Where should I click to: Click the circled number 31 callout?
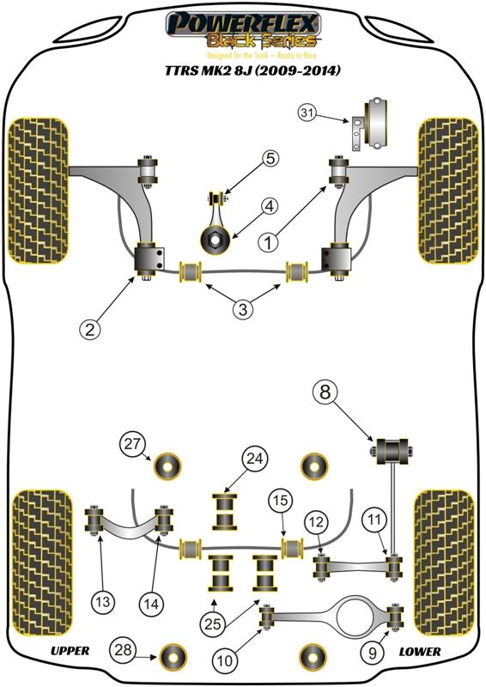click(307, 113)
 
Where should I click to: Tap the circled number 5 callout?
click(270, 158)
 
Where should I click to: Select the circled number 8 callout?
click(325, 392)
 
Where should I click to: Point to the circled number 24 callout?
click(255, 459)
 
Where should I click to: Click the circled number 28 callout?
click(123, 649)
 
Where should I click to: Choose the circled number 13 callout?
click(102, 602)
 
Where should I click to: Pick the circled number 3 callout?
click(243, 309)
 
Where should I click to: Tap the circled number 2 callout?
click(90, 329)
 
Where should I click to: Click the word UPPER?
click(70, 651)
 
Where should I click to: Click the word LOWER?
click(419, 652)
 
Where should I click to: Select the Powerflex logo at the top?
click(244, 31)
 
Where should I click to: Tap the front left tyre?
click(39, 191)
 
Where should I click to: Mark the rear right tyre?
click(446, 562)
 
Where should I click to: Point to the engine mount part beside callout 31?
click(369, 123)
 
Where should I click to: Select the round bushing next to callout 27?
click(167, 466)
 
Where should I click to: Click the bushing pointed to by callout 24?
click(225, 512)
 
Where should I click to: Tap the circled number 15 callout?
click(281, 500)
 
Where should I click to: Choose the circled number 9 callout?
click(373, 654)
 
